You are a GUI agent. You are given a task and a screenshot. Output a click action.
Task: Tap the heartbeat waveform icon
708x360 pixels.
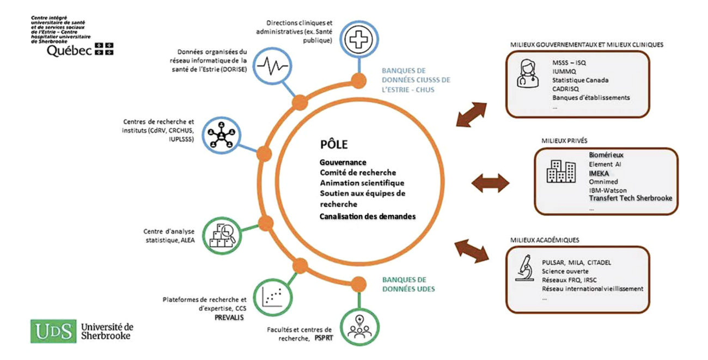(x=272, y=67)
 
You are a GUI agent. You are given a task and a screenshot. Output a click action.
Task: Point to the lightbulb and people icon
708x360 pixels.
(x=358, y=325)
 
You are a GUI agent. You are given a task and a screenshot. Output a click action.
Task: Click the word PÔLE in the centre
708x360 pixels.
(x=333, y=145)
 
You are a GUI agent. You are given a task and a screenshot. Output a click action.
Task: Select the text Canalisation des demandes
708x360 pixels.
(x=368, y=216)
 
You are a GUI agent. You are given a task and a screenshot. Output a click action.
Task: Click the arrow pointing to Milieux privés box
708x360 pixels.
(x=490, y=183)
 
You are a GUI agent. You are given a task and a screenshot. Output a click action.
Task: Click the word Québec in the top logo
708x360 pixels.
(x=69, y=51)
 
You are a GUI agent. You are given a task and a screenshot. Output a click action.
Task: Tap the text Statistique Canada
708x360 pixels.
(x=580, y=80)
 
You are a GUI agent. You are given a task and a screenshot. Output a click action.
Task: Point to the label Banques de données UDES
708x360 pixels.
(x=408, y=285)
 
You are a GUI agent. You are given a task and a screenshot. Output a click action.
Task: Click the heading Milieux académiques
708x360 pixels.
(x=544, y=240)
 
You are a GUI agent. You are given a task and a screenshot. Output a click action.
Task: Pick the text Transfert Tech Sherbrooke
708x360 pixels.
(x=631, y=198)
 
